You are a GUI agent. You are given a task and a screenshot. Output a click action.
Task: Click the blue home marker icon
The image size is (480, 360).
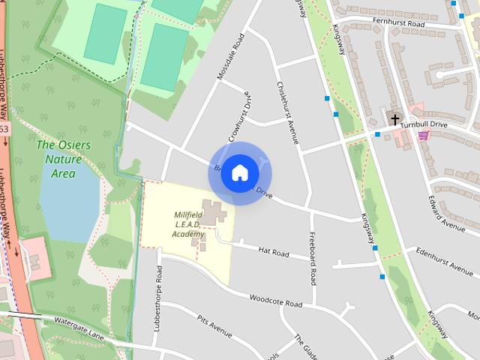pos(239,173)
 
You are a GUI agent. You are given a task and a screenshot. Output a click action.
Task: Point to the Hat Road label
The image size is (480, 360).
pos(273,253)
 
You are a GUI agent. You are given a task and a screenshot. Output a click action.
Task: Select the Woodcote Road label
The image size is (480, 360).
pos(276,303)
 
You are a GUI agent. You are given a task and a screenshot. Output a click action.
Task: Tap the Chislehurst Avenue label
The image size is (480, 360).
pos(287,113)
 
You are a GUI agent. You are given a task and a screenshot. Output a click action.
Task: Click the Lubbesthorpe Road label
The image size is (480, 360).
pos(158,296)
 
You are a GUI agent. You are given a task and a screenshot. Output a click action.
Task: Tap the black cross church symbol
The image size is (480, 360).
pos(394,119)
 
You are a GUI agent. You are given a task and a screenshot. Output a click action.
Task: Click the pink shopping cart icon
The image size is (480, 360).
pos(424,134)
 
